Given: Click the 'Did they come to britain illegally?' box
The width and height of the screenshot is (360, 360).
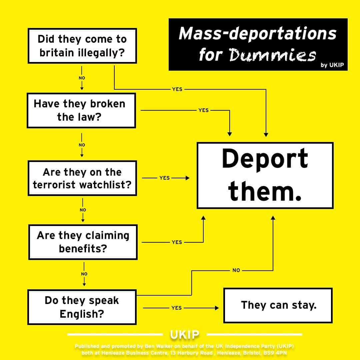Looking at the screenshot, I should pos(82,46).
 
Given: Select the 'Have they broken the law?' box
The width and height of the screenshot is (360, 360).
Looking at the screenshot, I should pos(81,110).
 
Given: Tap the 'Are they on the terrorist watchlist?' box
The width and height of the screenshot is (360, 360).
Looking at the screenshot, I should pos(82,178).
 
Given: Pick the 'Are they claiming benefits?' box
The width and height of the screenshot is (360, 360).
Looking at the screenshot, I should pos(83,242).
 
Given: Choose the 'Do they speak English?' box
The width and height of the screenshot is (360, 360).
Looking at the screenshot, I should pos(82,307).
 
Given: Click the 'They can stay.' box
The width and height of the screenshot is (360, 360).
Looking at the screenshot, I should pos(278,305).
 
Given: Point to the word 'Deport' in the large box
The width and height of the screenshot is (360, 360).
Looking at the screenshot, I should pos(265,159).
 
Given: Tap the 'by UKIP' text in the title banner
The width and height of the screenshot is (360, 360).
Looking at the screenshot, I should pos(332,65).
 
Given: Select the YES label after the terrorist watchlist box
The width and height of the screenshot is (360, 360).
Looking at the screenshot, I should pos(164,178).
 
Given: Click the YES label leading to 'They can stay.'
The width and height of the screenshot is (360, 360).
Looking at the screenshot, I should pos(176,308).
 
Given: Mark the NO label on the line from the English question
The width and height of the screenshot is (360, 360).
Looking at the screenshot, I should pos(236,270).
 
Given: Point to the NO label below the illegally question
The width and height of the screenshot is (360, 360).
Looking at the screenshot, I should pos(82,78).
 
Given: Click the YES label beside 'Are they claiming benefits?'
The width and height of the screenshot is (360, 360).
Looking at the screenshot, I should pos(177,242).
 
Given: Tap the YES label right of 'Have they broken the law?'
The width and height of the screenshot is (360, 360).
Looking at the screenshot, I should pos(203,110).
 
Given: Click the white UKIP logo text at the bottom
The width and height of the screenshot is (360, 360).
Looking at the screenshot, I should pos(185,334).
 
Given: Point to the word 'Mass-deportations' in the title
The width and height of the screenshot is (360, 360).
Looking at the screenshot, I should pos(257,34).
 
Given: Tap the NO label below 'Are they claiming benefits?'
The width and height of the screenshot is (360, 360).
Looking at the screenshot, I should pos(84,274).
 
